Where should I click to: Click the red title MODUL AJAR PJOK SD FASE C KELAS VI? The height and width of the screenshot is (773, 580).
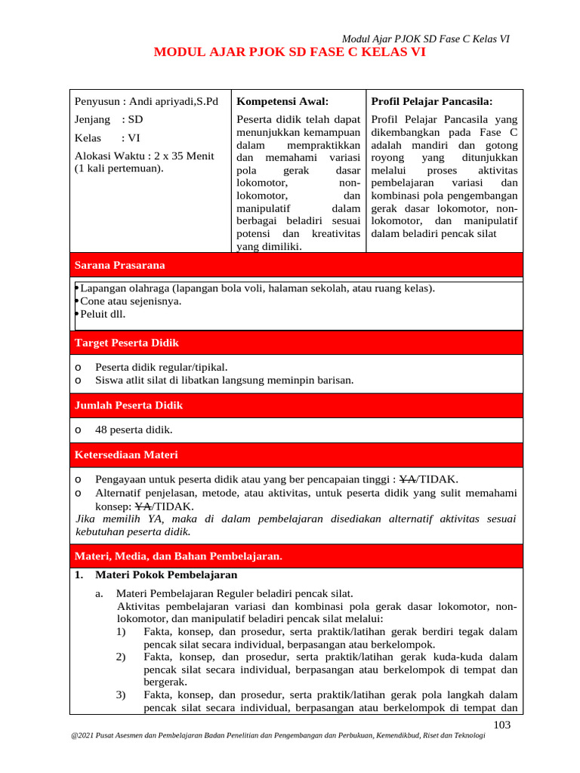tap(289, 53)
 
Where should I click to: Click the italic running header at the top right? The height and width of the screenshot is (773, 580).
tap(425, 39)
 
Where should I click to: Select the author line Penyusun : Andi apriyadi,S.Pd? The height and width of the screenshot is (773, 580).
tap(146, 101)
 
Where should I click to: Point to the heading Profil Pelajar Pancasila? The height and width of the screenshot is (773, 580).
tap(431, 101)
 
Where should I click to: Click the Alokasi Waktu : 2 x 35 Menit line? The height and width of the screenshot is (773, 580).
tap(144, 156)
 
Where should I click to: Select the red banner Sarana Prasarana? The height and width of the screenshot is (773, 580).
tap(119, 265)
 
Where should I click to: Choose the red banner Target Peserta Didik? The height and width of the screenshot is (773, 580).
tap(126, 343)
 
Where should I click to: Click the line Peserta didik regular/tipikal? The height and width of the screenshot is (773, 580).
tap(161, 367)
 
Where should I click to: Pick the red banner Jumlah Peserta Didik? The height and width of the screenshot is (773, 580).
tap(128, 405)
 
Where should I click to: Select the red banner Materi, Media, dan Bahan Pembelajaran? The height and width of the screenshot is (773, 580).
tap(178, 556)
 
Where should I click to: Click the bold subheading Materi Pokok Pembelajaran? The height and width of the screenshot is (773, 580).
tap(156, 574)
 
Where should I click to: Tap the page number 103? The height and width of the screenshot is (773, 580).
tap(501, 725)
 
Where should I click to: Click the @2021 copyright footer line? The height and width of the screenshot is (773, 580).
tap(276, 746)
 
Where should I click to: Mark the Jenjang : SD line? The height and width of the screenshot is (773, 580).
tap(109, 119)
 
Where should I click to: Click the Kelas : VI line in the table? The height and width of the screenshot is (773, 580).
tap(107, 138)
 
